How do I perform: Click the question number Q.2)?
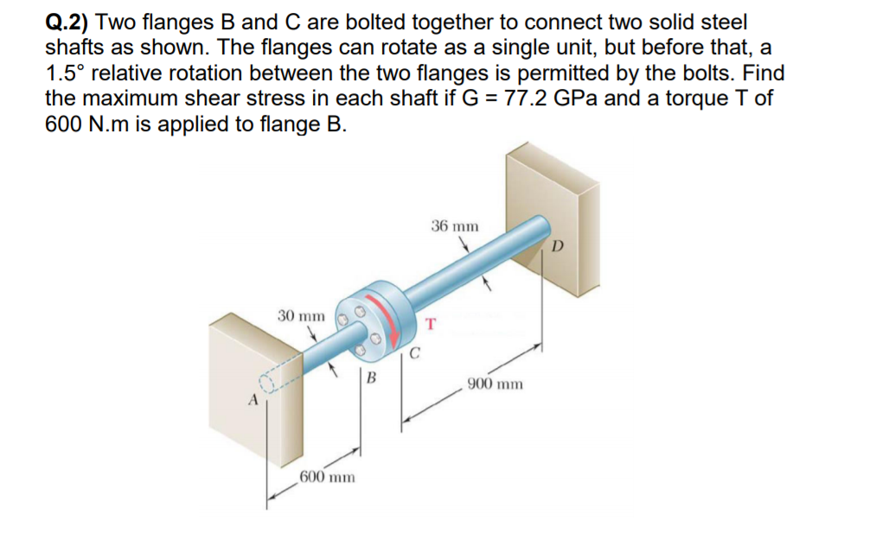point(71,22)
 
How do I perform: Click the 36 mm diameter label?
point(454,226)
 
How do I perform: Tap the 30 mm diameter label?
point(301,316)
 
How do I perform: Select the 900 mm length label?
point(495,383)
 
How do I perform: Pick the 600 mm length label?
point(327,477)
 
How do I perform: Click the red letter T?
point(430,325)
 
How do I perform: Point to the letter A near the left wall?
point(253,401)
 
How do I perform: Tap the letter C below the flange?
point(415,352)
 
